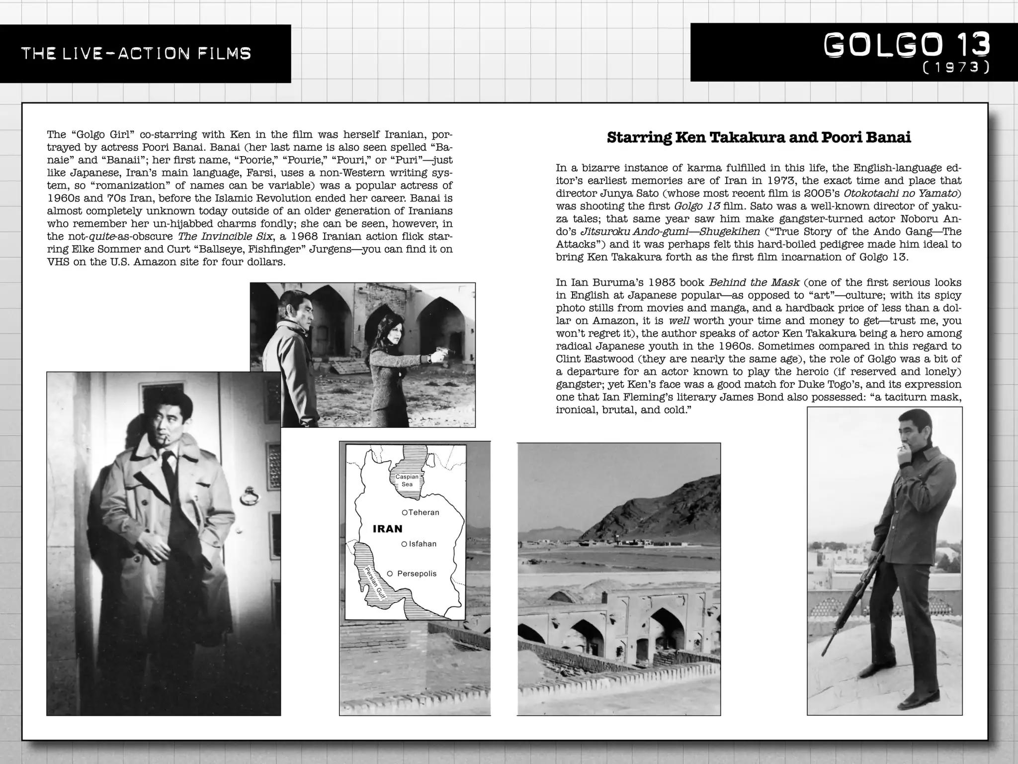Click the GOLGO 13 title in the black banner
[907, 45]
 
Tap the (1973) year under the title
[955, 68]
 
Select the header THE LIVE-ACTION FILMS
[136, 53]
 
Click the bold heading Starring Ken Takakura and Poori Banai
[759, 138]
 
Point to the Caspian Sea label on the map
[407, 480]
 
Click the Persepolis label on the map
[417, 573]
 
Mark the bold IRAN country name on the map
[388, 529]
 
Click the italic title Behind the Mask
[754, 283]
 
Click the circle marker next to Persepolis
[390, 573]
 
